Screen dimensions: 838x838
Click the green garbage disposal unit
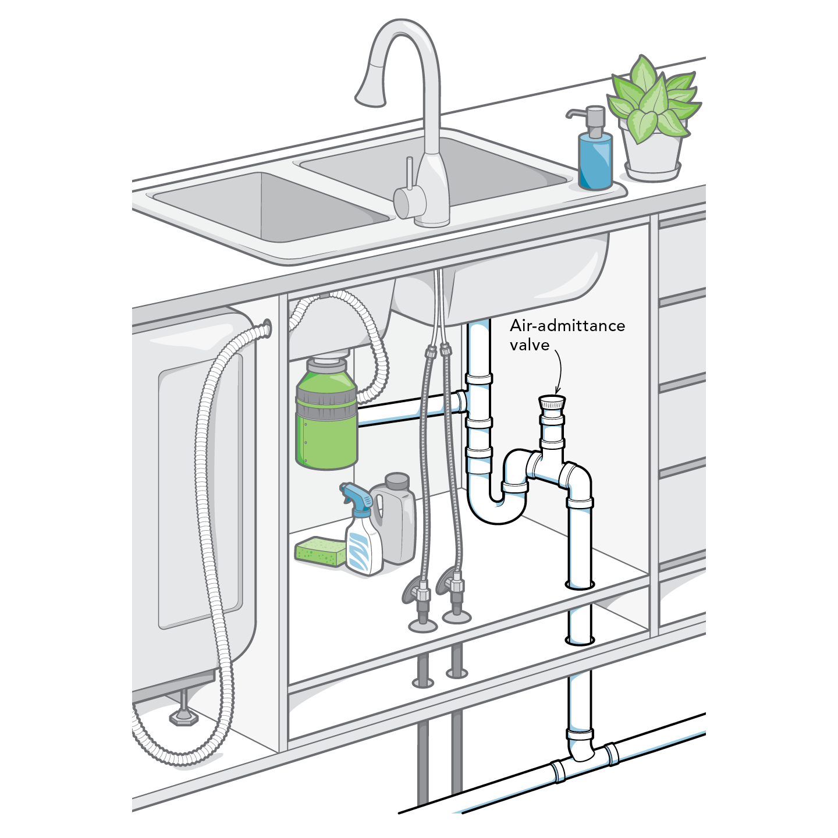pos(326,413)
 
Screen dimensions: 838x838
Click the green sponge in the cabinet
pos(321,551)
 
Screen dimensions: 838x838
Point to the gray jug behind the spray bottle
pos(393,517)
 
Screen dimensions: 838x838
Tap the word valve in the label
pos(530,345)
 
